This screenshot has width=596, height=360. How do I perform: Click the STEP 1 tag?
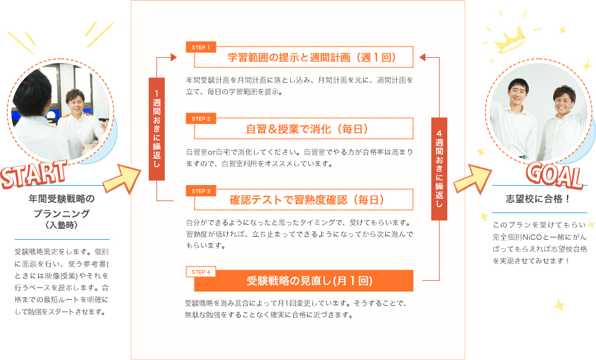tap(200, 47)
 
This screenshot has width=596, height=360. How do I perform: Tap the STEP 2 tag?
tap(200, 118)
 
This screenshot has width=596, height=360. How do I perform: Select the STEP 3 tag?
tap(200, 191)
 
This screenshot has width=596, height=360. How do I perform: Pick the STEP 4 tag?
tap(200, 272)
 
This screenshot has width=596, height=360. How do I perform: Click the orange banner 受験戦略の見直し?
tap(304, 280)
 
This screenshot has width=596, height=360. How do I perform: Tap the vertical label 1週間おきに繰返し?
tap(156, 129)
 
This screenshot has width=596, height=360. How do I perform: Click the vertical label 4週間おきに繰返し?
tap(439, 169)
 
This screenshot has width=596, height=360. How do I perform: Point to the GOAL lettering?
tap(554, 176)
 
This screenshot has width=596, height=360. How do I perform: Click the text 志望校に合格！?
tap(538, 199)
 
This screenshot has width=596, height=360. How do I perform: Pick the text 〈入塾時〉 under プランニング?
tap(62, 225)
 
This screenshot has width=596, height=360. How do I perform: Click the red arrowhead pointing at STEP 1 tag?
tap(174, 57)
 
